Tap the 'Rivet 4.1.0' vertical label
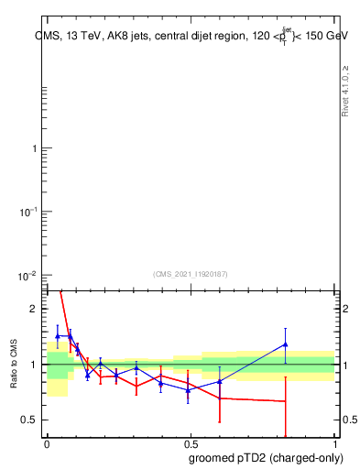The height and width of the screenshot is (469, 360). (x=345, y=91)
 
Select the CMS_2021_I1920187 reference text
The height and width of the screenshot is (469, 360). (x=191, y=273)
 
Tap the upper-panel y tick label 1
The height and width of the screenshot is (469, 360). (x=35, y=148)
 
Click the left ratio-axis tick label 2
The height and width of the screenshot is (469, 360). (x=34, y=310)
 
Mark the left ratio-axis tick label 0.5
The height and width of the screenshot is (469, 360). (x=30, y=420)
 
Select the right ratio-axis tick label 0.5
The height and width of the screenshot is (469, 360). (x=348, y=420)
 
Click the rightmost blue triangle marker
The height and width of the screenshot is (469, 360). (x=286, y=345)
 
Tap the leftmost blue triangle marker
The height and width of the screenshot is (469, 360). (x=58, y=336)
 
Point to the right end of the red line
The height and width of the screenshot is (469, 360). (x=286, y=401)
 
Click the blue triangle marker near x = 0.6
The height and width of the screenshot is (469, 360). (x=220, y=381)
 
